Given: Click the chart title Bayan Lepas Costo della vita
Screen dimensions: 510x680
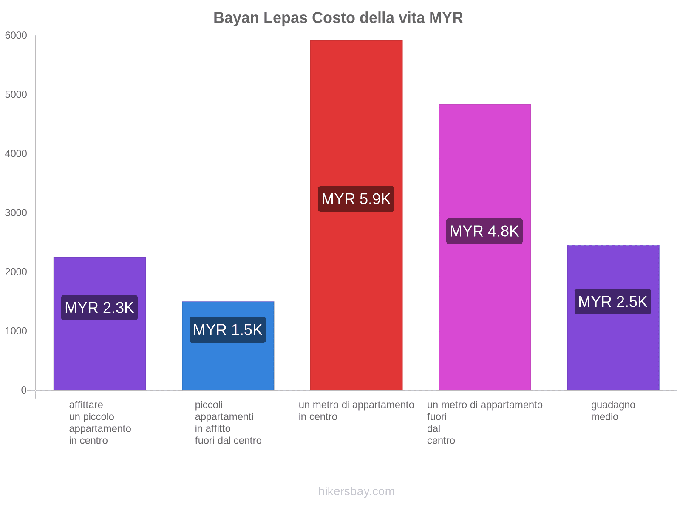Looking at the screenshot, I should [338, 18].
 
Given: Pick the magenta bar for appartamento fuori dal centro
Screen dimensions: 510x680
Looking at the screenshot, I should [484, 161].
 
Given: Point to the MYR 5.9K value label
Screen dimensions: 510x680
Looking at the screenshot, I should [356, 199].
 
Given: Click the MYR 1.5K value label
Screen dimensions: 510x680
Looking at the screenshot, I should [228, 330].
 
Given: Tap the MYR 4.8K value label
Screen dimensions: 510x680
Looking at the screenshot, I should [484, 231].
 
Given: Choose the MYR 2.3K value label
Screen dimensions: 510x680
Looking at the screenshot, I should [99, 308].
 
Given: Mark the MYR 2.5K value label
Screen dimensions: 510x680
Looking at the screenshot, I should [613, 302].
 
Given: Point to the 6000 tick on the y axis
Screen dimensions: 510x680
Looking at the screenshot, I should [16, 36].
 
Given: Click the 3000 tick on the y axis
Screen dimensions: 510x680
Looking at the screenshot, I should [16, 213].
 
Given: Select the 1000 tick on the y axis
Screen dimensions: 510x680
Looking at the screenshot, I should [16, 331].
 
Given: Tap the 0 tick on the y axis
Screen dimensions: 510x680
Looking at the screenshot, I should [24, 390].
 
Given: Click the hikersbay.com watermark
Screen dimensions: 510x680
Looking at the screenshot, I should [356, 491].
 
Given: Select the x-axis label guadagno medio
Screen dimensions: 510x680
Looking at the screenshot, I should [613, 411].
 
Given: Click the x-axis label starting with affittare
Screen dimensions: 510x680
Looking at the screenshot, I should [100, 422].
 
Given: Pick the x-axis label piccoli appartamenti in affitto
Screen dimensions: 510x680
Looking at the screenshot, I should [228, 422].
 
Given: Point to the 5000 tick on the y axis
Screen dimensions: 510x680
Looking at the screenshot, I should [16, 95].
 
